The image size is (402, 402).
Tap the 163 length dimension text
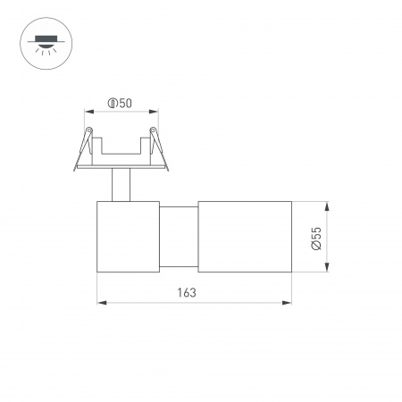point(187,292)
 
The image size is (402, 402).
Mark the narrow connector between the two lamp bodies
point(179,236)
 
